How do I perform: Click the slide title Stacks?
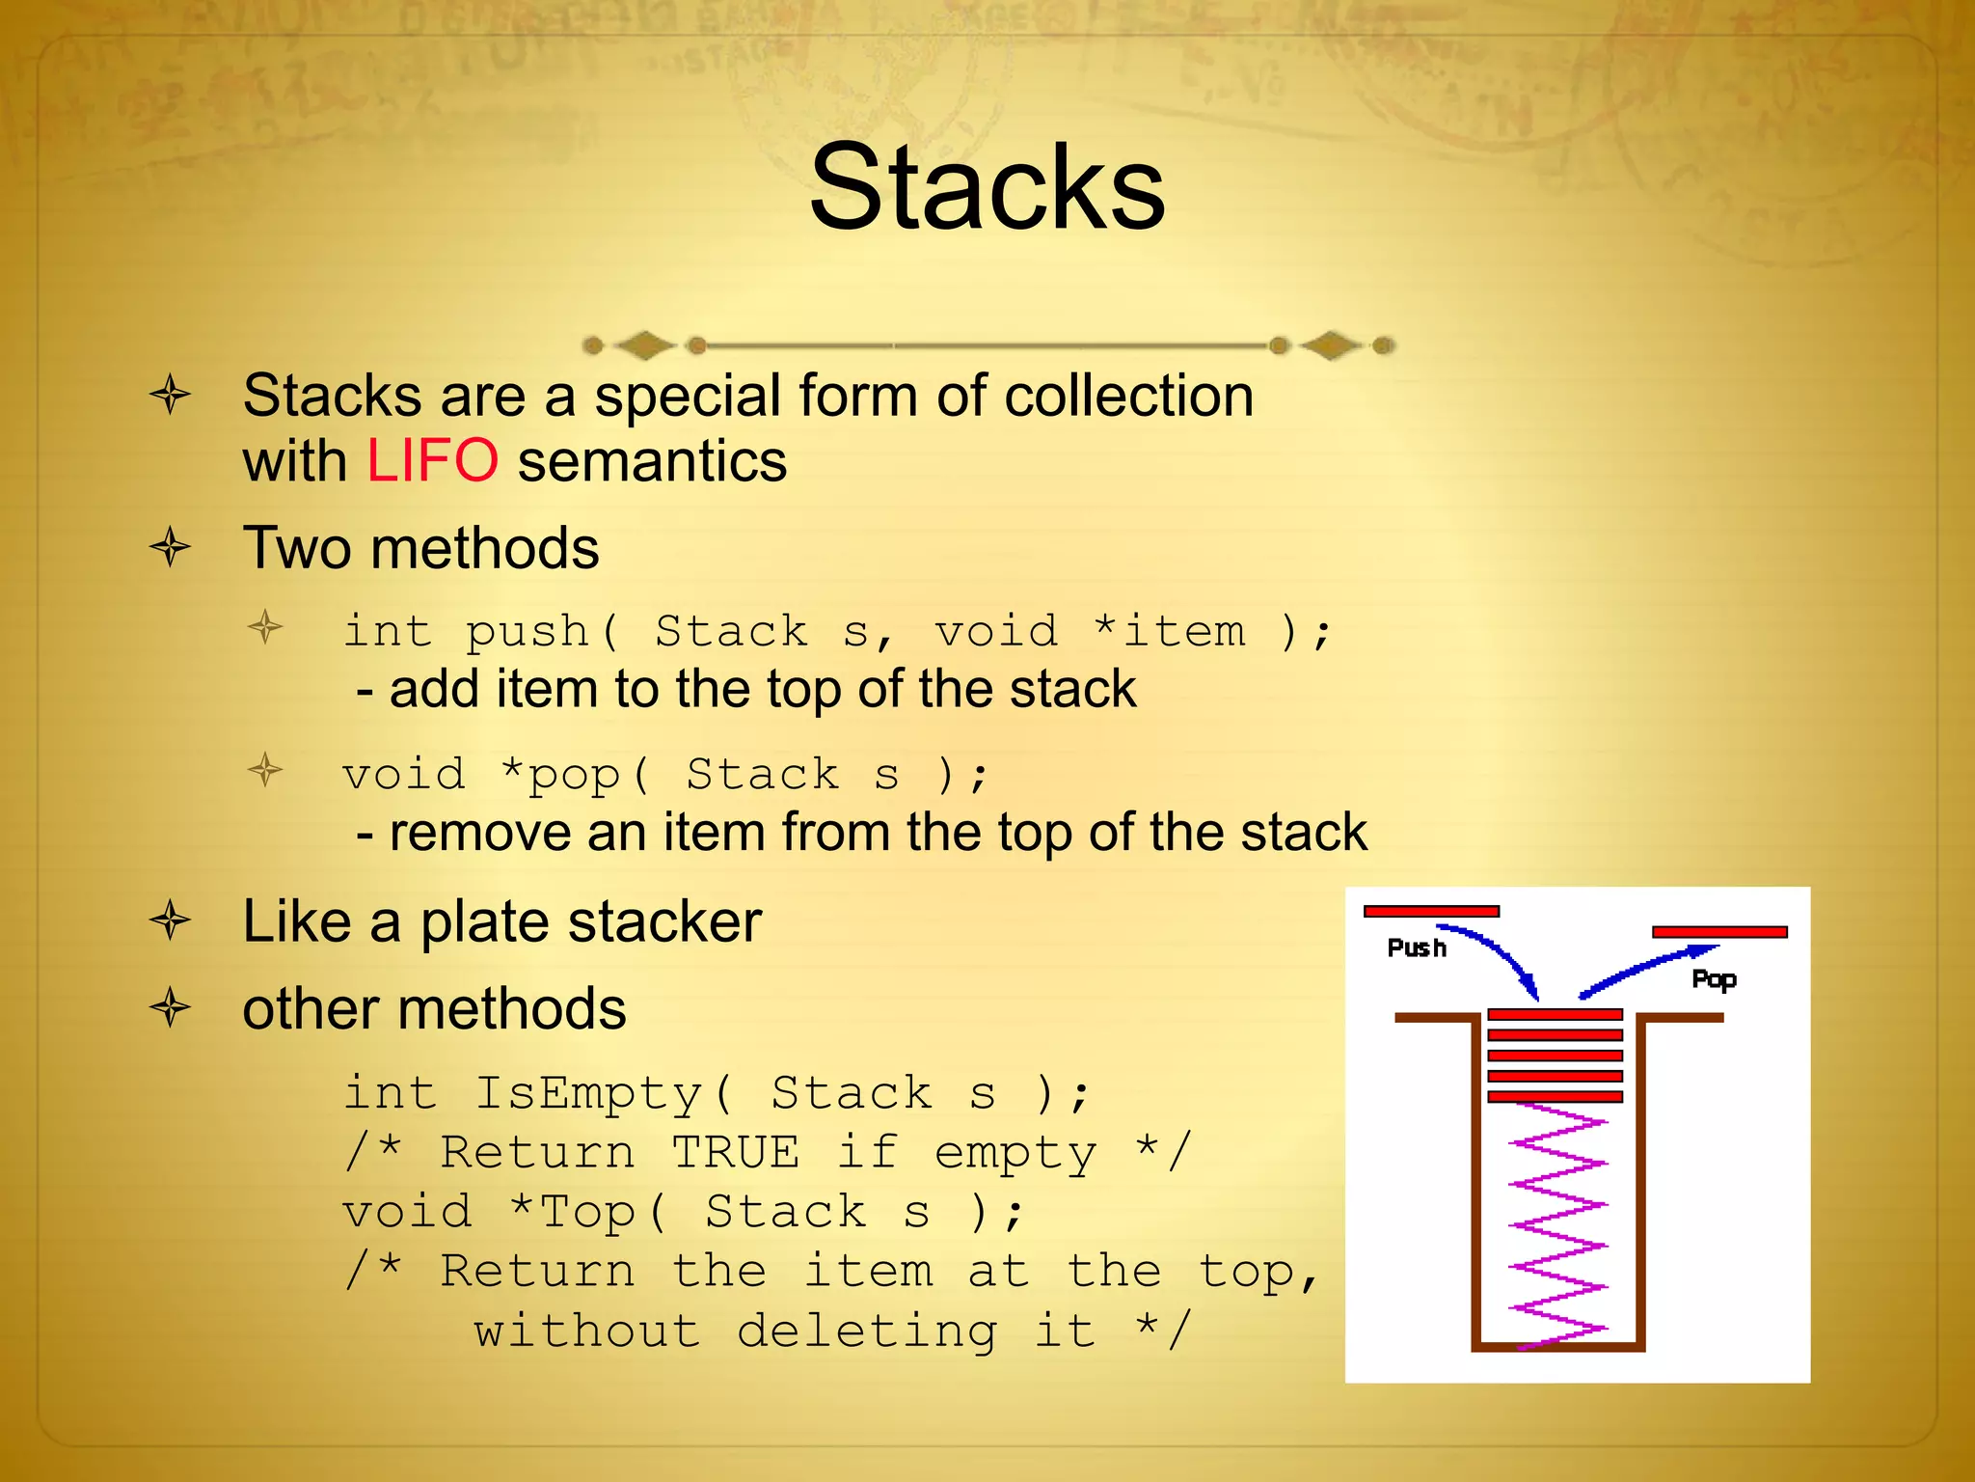click(x=987, y=188)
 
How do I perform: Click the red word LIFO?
click(x=432, y=461)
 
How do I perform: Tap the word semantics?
click(x=652, y=461)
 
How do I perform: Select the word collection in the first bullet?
click(x=1128, y=396)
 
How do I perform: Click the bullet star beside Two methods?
click(x=171, y=548)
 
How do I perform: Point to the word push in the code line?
click(x=527, y=633)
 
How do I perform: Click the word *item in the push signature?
click(x=1170, y=632)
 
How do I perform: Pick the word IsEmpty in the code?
click(x=588, y=1093)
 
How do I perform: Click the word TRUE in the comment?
click(x=735, y=1152)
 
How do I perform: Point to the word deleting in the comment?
click(x=867, y=1331)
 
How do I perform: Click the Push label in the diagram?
click(x=1416, y=948)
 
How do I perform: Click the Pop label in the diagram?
click(x=1714, y=980)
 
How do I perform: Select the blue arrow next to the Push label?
click(x=1495, y=955)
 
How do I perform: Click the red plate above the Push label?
click(x=1431, y=911)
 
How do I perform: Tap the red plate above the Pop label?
click(x=1719, y=932)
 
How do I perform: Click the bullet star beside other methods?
click(x=171, y=1008)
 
